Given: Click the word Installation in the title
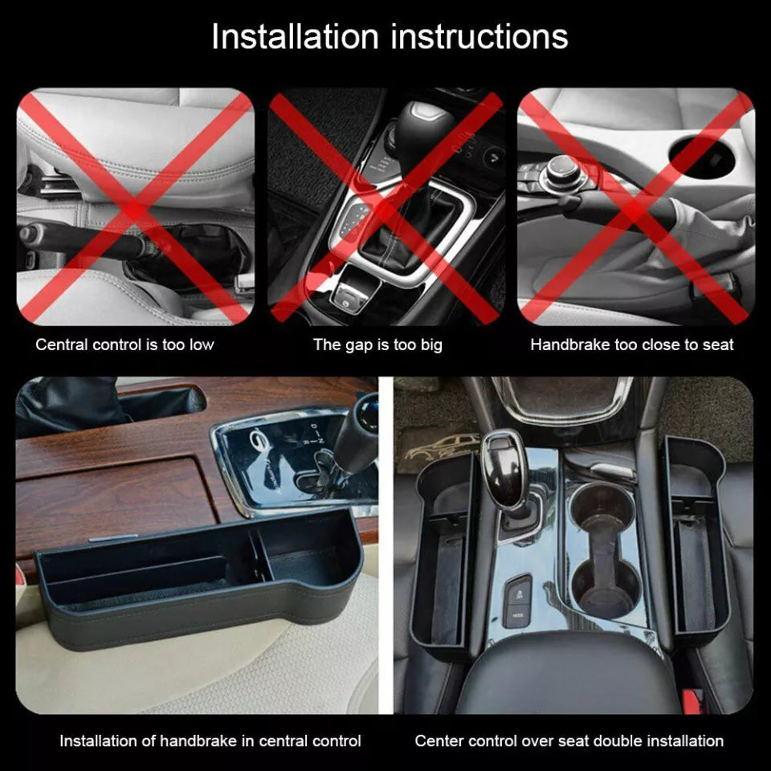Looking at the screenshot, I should (x=294, y=35).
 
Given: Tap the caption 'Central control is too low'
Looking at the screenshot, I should (x=124, y=345).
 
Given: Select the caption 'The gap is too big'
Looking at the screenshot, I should (x=377, y=345).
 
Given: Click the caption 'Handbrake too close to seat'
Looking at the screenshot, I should (x=631, y=345).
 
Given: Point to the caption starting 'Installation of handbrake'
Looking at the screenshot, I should (x=210, y=740).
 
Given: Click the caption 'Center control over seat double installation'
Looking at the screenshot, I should (x=569, y=740).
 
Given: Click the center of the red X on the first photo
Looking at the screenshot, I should (x=135, y=207).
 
